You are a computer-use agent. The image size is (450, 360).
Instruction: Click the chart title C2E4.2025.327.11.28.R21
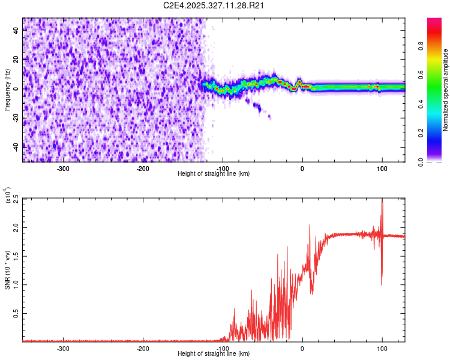tap(214, 5)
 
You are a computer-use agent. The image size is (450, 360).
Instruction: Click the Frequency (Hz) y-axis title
tap(7, 89)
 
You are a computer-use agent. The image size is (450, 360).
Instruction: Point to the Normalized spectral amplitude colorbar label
tap(446, 89)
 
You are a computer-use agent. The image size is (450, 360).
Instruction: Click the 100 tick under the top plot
tap(382, 169)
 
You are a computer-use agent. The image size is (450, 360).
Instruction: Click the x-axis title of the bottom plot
tap(214, 354)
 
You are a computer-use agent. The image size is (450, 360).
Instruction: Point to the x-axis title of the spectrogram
tap(214, 173)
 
